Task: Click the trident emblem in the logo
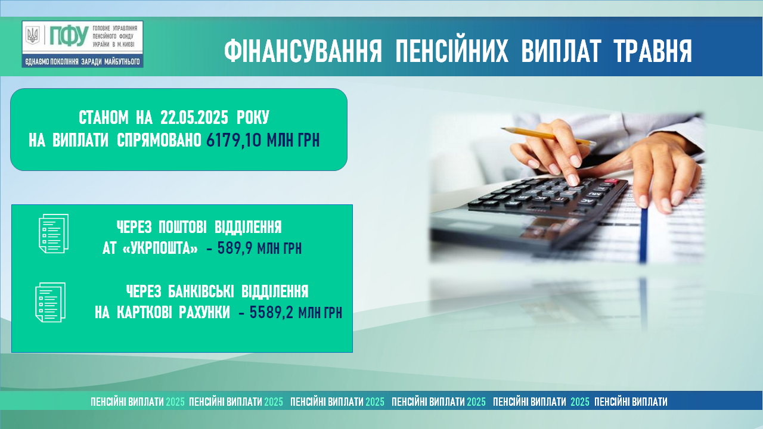coord(33,35)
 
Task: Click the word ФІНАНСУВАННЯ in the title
coord(303,51)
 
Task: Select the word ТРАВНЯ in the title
coord(653,51)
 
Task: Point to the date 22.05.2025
coord(194,118)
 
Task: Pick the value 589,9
coord(235,248)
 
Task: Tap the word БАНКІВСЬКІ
coord(201,291)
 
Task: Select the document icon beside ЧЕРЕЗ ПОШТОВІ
coord(54,234)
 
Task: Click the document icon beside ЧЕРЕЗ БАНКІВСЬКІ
coord(51,302)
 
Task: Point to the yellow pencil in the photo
coord(548,136)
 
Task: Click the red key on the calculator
coord(612,181)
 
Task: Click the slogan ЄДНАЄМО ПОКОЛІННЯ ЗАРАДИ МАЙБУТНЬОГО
coord(82,61)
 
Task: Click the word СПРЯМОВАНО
coord(159,140)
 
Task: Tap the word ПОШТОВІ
coord(182,227)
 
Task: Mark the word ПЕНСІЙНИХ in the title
coord(452,51)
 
